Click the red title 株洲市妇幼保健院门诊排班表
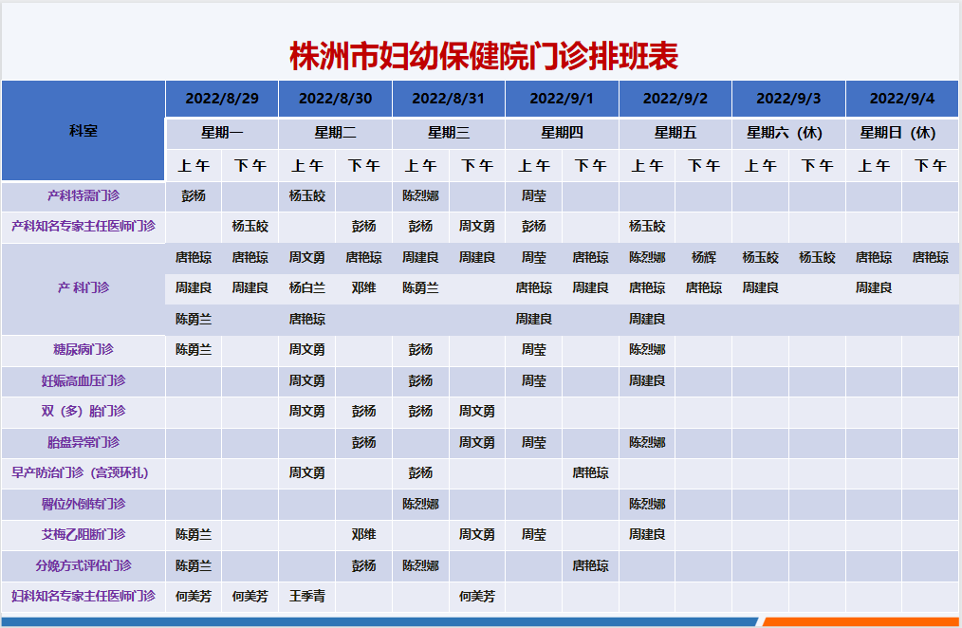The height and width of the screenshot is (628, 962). pos(484,56)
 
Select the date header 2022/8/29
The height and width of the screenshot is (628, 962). pos(222,99)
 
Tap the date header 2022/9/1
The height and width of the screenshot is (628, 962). pos(562,99)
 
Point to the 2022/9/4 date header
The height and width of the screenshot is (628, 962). pos(902,99)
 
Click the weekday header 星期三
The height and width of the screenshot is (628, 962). pos(449,133)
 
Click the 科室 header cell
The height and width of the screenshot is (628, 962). pos(83,131)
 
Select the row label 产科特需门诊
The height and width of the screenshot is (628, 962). pos(83,195)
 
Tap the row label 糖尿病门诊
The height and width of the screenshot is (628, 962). pos(83,349)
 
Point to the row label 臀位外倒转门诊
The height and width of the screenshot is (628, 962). pos(83,504)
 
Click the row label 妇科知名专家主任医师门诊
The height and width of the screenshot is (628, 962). pos(83,596)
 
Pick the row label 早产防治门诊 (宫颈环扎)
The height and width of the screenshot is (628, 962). pos(80,472)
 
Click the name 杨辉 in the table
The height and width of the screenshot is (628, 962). pos(704,258)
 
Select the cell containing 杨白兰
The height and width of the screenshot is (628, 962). pos(307,287)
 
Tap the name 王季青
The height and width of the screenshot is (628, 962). pos(307,596)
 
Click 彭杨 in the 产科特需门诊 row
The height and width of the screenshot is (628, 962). pos(194,195)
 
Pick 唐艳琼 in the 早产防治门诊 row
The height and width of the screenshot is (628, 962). pos(590,472)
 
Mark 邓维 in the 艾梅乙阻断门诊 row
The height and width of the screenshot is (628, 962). pos(363,534)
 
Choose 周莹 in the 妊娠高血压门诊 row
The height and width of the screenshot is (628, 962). pos(534,380)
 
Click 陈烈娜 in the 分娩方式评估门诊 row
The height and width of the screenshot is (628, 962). pos(420,565)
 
